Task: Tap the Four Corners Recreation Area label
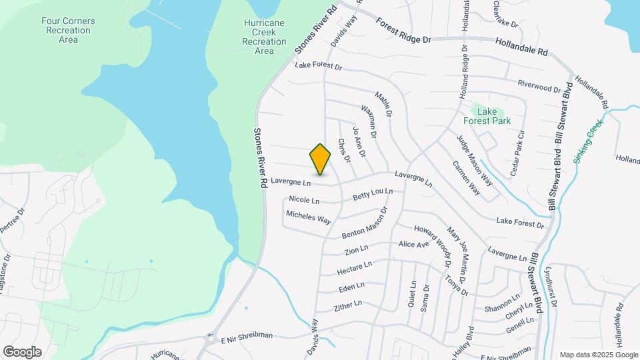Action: tap(68, 30)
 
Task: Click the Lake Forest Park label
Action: tap(487, 117)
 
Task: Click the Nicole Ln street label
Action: tap(304, 200)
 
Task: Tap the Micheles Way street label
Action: tap(308, 217)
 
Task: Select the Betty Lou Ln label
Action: tap(373, 195)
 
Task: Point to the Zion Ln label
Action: tap(356, 250)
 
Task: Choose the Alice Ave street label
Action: tap(413, 245)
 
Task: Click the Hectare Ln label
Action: tap(355, 268)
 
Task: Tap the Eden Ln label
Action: tap(351, 287)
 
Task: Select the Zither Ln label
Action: tap(347, 305)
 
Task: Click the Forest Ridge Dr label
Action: tap(403, 31)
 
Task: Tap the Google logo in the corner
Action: tap(22, 352)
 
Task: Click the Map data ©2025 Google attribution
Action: tap(599, 355)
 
